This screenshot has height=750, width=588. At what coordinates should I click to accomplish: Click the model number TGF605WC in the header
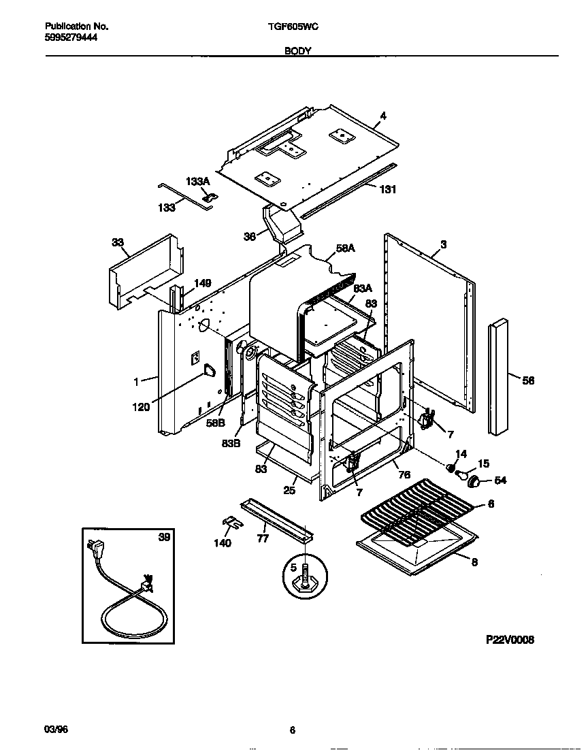(x=294, y=26)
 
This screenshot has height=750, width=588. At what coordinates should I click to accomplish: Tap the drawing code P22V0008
(x=510, y=640)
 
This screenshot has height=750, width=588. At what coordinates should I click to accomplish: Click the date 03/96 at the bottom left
(x=56, y=730)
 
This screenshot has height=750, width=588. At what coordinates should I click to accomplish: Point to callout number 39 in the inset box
(x=163, y=538)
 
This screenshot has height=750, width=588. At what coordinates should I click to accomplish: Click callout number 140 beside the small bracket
(x=222, y=542)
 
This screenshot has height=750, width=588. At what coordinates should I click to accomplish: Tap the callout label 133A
(x=198, y=182)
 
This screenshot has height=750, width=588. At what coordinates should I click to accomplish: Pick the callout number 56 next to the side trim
(x=527, y=380)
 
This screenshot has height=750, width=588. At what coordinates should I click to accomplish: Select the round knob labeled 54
(x=476, y=481)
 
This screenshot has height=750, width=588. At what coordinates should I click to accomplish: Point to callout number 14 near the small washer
(x=461, y=454)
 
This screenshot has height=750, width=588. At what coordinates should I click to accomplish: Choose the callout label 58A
(x=346, y=249)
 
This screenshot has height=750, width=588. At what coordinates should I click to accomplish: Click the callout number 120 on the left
(x=141, y=407)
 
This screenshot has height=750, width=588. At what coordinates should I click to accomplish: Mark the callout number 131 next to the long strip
(x=387, y=189)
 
